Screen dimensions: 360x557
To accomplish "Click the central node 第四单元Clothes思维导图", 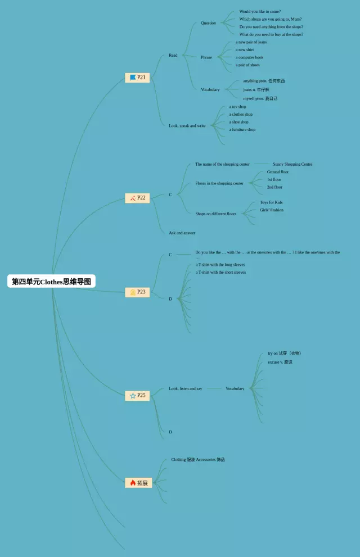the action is pyautogui.click(x=51, y=282).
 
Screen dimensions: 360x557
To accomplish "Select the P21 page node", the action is pyautogui.click(x=137, y=78).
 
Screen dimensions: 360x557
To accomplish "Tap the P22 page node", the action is pyautogui.click(x=137, y=198).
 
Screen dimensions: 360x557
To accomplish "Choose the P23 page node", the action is pyautogui.click(x=137, y=292).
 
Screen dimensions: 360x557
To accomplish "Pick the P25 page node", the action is pyautogui.click(x=137, y=396).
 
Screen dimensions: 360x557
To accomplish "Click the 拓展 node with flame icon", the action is pyautogui.click(x=138, y=483).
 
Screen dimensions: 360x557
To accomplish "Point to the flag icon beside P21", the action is pyautogui.click(x=133, y=78).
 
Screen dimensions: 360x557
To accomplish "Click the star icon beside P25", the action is pyautogui.click(x=133, y=396).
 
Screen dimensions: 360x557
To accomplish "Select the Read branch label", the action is pyautogui.click(x=173, y=55).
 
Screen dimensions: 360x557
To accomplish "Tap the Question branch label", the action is pyautogui.click(x=208, y=23).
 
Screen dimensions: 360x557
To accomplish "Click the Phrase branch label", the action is pyautogui.click(x=206, y=57).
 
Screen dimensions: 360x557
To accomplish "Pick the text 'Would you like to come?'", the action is pyautogui.click(x=260, y=11).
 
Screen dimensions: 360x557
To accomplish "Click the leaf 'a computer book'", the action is pyautogui.click(x=249, y=57).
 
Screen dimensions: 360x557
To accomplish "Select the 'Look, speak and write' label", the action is pyautogui.click(x=187, y=126).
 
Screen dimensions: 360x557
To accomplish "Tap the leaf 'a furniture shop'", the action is pyautogui.click(x=242, y=130).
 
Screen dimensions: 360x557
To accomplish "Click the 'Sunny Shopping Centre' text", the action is pyautogui.click(x=292, y=164).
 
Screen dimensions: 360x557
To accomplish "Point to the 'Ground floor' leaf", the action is pyautogui.click(x=278, y=172).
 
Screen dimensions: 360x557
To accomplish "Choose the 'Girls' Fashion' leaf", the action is pyautogui.click(x=272, y=210).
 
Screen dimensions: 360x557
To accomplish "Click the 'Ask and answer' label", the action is pyautogui.click(x=182, y=233).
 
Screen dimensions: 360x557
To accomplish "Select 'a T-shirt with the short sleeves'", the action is pyautogui.click(x=220, y=273).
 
